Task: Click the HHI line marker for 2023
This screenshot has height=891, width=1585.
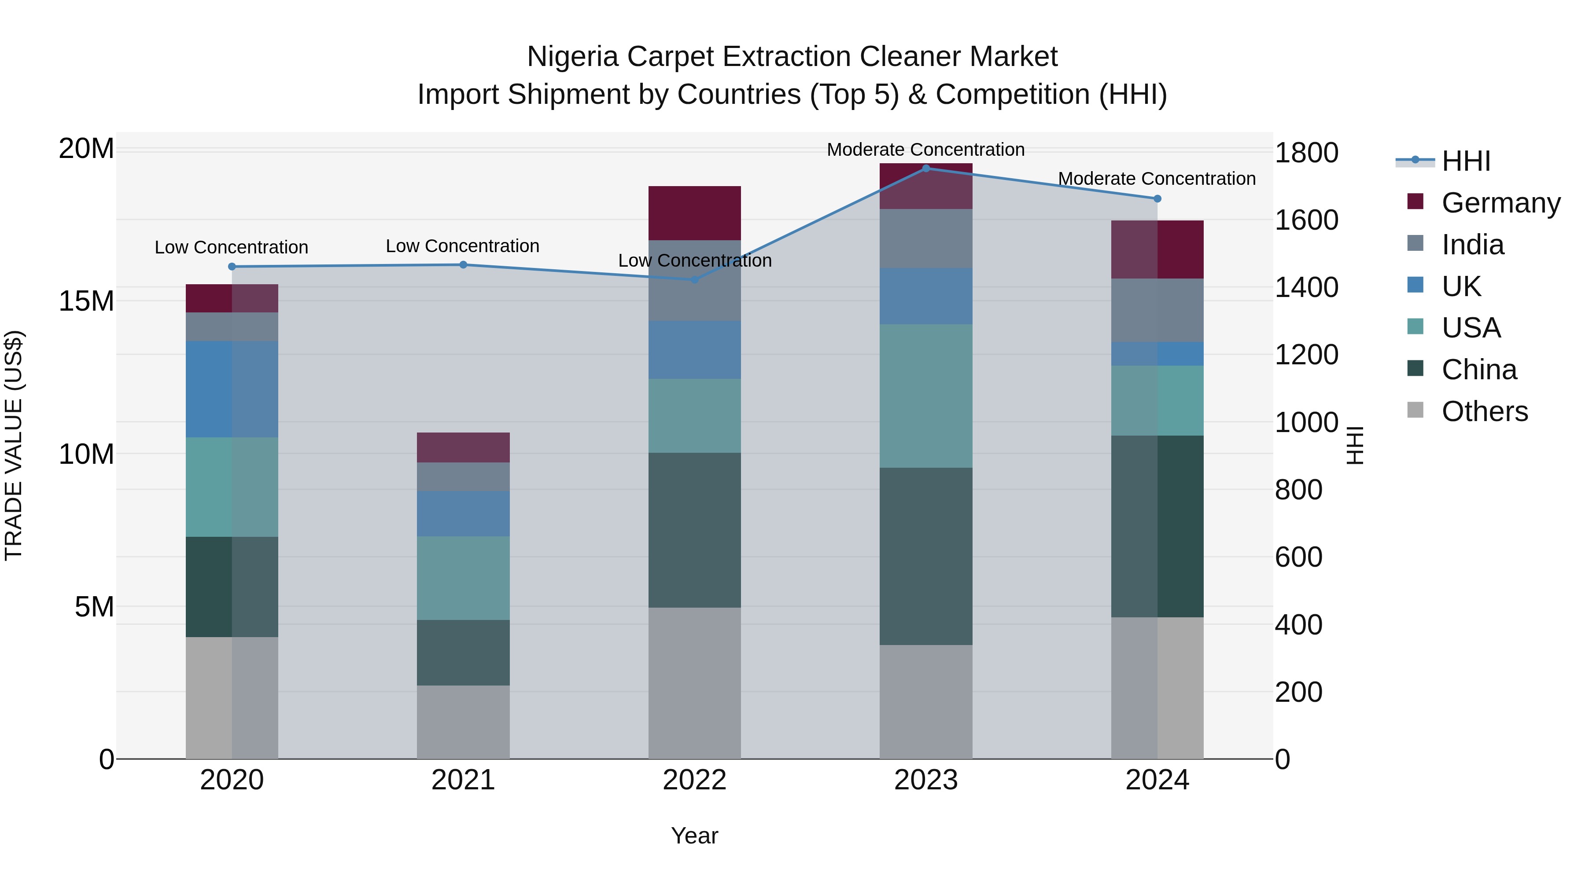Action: [925, 168]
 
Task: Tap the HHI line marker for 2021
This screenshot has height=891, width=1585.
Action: [463, 264]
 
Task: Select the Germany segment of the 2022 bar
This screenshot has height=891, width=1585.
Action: [695, 213]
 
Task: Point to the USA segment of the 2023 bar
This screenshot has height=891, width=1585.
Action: [925, 396]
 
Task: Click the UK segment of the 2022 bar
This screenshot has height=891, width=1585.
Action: [695, 349]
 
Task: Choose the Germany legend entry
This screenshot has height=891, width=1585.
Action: [1500, 202]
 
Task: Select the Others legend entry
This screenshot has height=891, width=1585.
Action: [1484, 411]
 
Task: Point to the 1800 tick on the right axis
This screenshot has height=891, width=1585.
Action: [1306, 153]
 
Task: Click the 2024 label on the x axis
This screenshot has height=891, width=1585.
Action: [1157, 780]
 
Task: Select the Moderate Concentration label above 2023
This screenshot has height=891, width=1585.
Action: [925, 150]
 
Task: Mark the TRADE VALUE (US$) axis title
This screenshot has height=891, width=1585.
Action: [14, 445]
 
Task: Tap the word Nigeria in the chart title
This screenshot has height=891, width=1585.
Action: [572, 57]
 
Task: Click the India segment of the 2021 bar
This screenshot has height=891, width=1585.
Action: [463, 477]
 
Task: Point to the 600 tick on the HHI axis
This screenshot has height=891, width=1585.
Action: [1298, 557]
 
